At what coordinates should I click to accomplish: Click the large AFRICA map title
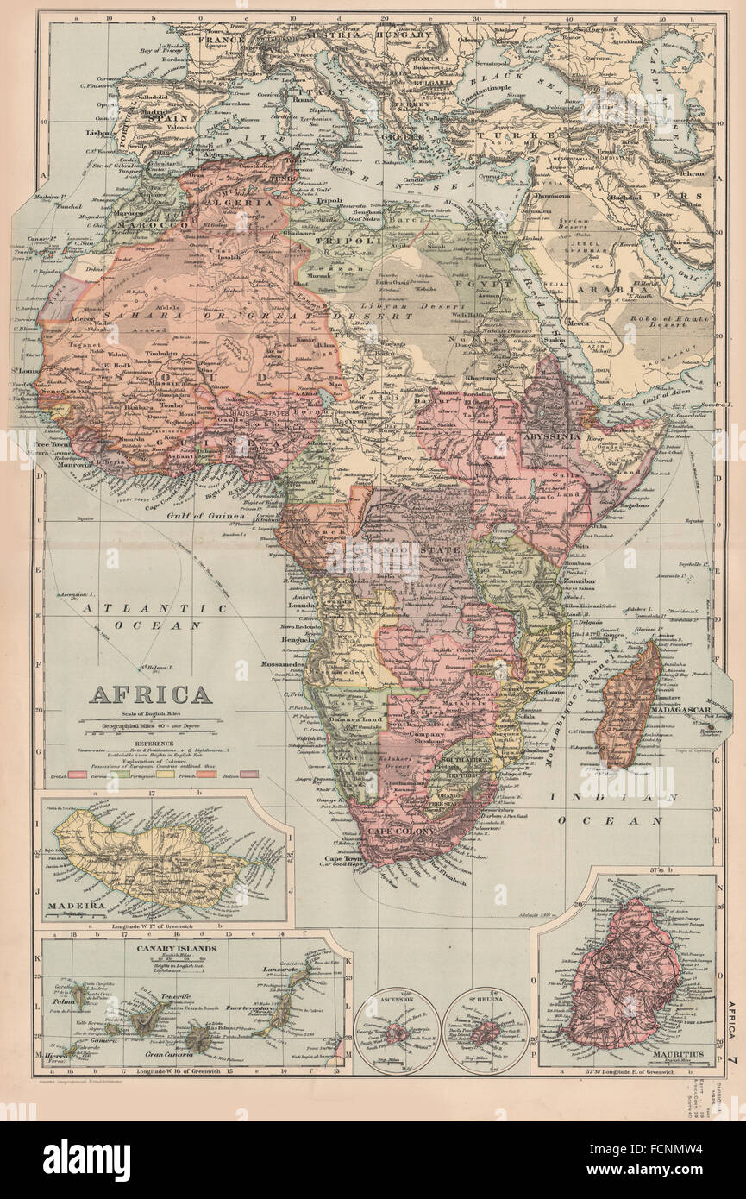tap(150, 695)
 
